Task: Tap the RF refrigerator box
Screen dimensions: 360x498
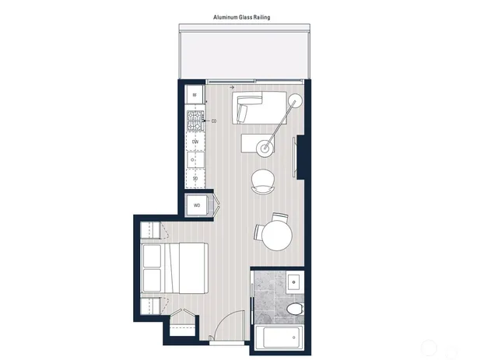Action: pos(195,96)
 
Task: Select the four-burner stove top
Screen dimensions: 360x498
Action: pos(195,121)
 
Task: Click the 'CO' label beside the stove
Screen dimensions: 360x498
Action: pos(213,121)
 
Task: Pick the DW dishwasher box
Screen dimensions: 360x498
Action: pos(195,142)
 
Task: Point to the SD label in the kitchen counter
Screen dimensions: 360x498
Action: pos(195,178)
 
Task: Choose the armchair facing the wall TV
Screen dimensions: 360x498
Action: pos(264,180)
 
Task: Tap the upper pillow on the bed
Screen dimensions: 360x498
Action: pos(152,254)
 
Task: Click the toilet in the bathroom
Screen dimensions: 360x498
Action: pos(294,310)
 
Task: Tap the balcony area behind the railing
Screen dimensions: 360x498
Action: pos(245,54)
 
